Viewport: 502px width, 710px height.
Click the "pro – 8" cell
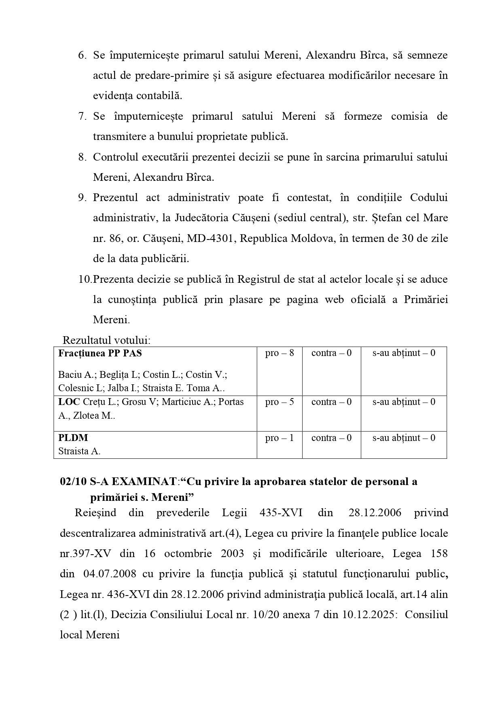279,353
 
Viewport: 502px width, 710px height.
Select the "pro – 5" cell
279,402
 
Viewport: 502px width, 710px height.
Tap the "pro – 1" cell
279,438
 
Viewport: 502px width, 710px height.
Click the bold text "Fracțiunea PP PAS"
100,353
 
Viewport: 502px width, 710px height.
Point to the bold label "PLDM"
73,438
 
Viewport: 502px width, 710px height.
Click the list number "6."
82,55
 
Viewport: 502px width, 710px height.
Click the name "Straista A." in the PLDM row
79,451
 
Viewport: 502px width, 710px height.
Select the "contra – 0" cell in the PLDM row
331,438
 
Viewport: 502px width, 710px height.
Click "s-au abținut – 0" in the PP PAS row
404,353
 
